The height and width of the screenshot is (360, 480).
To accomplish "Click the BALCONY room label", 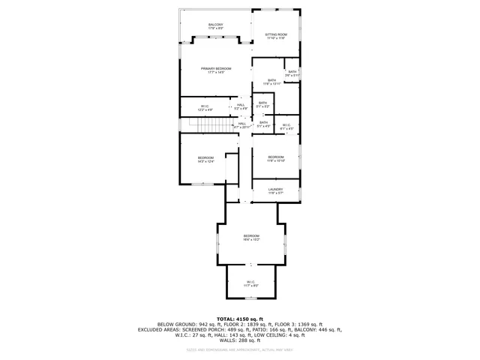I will pos(215,26).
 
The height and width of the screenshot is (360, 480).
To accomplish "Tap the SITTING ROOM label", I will pos(277,35).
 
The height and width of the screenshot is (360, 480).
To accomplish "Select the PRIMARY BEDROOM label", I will pos(215,70).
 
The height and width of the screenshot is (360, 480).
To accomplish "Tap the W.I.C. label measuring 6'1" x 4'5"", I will pos(286,126).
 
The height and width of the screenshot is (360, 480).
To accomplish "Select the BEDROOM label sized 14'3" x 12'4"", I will pos(205,159).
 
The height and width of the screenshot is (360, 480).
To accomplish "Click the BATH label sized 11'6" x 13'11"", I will pos(271,82).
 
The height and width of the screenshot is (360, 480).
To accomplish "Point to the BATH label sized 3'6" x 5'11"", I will pos(292,73).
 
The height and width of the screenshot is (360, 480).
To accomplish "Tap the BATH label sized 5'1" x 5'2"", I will pos(262,104).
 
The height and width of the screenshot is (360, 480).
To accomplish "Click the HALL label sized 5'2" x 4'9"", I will pos(241,106).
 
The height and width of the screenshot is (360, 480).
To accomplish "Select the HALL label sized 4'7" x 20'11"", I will pos(242,124).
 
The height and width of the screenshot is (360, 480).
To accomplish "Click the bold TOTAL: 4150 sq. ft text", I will pos(240,319).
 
